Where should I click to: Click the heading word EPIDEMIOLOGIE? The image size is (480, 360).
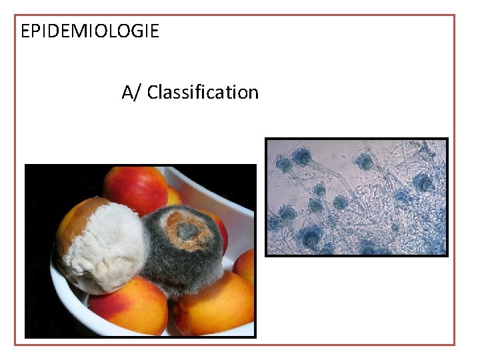click(90, 31)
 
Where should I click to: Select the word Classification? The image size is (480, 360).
click(203, 92)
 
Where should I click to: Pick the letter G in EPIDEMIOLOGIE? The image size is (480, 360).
click(135, 31)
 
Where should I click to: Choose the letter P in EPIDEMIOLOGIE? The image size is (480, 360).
click(35, 31)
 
